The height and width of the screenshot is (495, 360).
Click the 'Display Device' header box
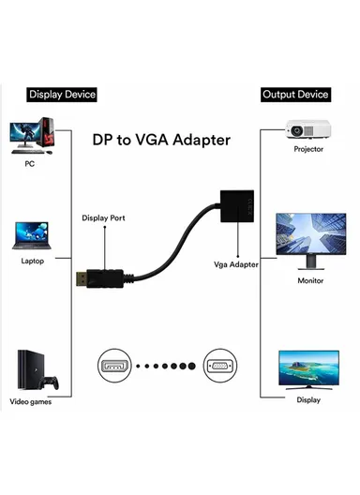(62, 95)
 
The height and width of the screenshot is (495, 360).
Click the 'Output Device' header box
(294, 95)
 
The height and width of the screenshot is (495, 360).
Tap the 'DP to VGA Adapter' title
(161, 139)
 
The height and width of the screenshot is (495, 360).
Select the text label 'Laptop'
(33, 261)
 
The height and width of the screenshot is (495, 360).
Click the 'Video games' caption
(34, 403)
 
